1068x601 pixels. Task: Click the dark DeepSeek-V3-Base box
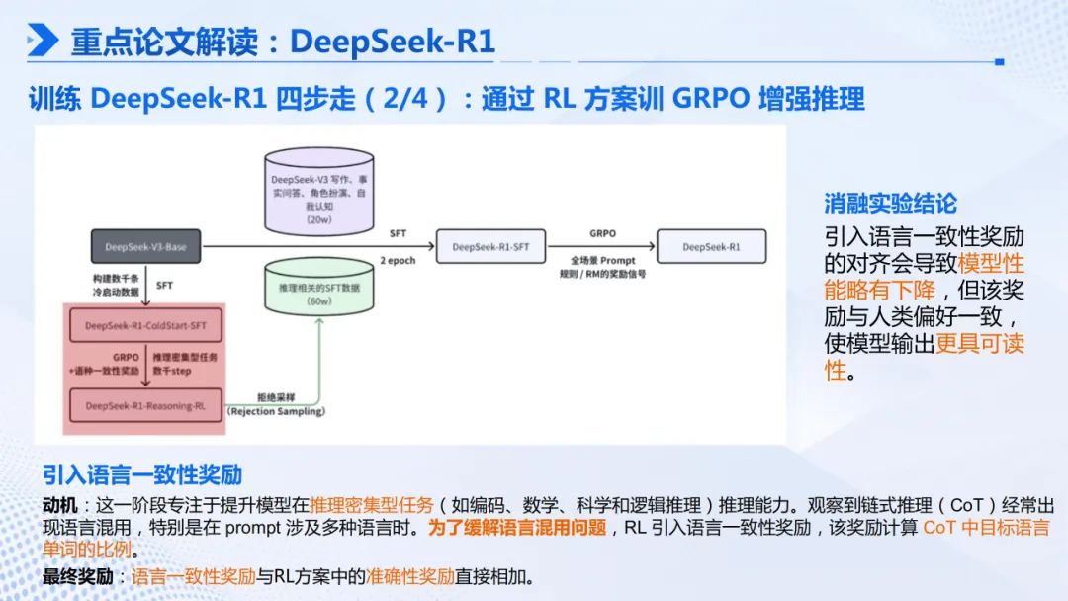[145, 246]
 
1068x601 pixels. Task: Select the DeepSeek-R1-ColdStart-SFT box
[145, 324]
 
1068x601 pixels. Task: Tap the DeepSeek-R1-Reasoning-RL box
[145, 405]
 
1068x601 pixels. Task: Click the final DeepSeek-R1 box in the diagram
[710, 246]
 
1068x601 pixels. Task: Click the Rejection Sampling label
[276, 410]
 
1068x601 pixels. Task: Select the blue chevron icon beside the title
[43, 41]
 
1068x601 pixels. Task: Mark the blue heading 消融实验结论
[891, 203]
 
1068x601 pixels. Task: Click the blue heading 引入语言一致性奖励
[142, 473]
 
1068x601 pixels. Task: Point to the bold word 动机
[58, 503]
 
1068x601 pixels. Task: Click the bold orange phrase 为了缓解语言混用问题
[516, 527]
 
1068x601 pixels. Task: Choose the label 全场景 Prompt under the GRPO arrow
[602, 260]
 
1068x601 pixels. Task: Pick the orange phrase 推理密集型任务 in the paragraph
[371, 503]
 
